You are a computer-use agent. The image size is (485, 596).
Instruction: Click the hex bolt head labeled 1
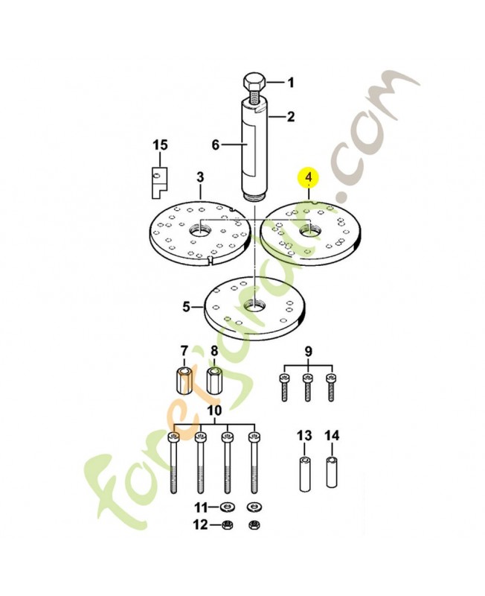254,82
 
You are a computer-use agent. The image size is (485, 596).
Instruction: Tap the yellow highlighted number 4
309,177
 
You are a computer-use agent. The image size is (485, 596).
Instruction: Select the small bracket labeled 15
160,183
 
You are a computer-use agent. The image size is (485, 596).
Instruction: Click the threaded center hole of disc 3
199,230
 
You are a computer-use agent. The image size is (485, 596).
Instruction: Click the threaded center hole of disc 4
310,230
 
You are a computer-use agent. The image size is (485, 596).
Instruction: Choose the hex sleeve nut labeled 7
184,381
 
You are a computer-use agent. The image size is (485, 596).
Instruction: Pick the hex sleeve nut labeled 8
214,381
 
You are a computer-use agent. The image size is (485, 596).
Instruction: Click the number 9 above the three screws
308,352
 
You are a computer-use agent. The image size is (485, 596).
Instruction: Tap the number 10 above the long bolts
214,410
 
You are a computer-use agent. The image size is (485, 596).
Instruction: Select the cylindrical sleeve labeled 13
304,475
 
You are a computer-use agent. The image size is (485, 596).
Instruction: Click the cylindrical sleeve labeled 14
332,472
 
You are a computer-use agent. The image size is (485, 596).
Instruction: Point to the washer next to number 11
228,507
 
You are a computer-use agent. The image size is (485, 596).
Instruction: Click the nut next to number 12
228,525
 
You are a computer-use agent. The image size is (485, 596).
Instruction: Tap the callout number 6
216,145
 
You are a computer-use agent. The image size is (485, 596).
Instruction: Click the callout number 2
290,116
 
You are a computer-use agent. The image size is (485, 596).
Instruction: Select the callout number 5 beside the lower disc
186,306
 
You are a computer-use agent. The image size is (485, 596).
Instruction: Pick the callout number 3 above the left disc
200,177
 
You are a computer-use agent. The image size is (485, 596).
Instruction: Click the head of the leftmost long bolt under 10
173,437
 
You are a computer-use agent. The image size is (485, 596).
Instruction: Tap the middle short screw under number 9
308,387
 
